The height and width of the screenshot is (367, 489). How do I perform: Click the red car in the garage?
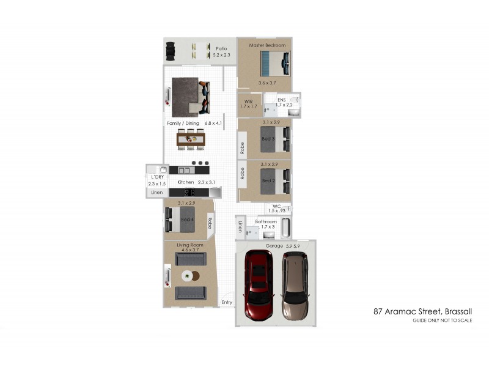pos(259,285)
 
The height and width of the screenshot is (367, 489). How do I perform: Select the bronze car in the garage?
pos(295,286)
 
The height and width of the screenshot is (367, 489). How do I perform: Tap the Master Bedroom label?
pos(267,45)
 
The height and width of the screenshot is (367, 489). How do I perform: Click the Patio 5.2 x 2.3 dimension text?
pos(221,55)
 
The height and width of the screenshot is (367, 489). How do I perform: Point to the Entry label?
pos(227,302)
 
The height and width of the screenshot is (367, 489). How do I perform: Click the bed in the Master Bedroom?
pos(276,64)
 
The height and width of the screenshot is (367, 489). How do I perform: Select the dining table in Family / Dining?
pos(191,139)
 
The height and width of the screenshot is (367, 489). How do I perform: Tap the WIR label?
pos(249,102)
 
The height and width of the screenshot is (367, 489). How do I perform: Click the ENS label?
pos(282,100)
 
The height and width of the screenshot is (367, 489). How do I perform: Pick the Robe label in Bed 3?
pos(242,148)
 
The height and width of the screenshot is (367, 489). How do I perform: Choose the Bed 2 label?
pos(268,180)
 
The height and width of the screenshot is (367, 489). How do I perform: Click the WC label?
pos(277,206)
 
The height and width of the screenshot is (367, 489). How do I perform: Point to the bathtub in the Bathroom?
pos(286,228)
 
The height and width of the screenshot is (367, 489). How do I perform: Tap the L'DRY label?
pos(157,177)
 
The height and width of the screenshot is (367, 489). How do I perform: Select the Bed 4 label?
pos(187,220)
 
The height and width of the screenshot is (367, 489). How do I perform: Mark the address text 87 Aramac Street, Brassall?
pos(422,311)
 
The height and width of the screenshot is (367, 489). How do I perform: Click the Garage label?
pos(274,246)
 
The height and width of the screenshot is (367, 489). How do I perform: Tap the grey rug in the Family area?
pos(185,97)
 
